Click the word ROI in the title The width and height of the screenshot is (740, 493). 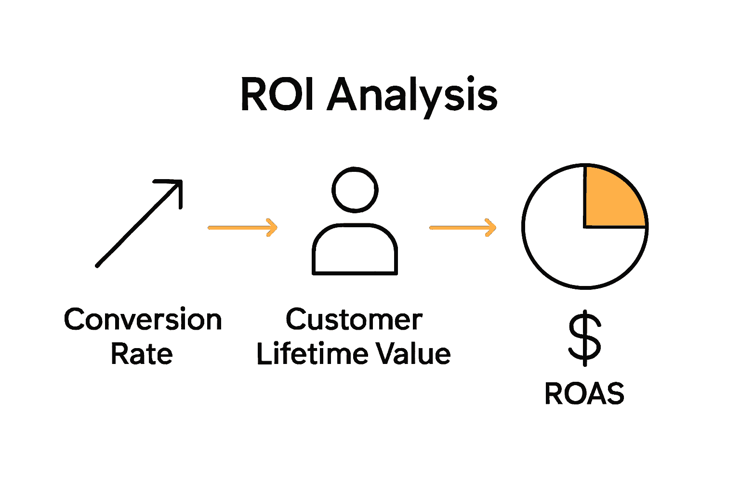[278, 95]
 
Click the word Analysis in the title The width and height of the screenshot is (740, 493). [412, 96]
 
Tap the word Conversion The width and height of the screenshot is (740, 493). [143, 320]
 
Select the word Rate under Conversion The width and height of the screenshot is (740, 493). [142, 355]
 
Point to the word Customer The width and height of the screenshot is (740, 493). [354, 320]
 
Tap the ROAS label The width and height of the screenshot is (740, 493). [584, 394]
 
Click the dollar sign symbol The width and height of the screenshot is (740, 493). [585, 338]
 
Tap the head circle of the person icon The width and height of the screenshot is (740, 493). [355, 190]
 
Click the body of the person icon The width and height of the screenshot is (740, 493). [355, 250]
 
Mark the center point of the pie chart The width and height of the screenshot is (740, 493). [585, 226]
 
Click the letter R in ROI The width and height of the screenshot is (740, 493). [253, 95]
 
